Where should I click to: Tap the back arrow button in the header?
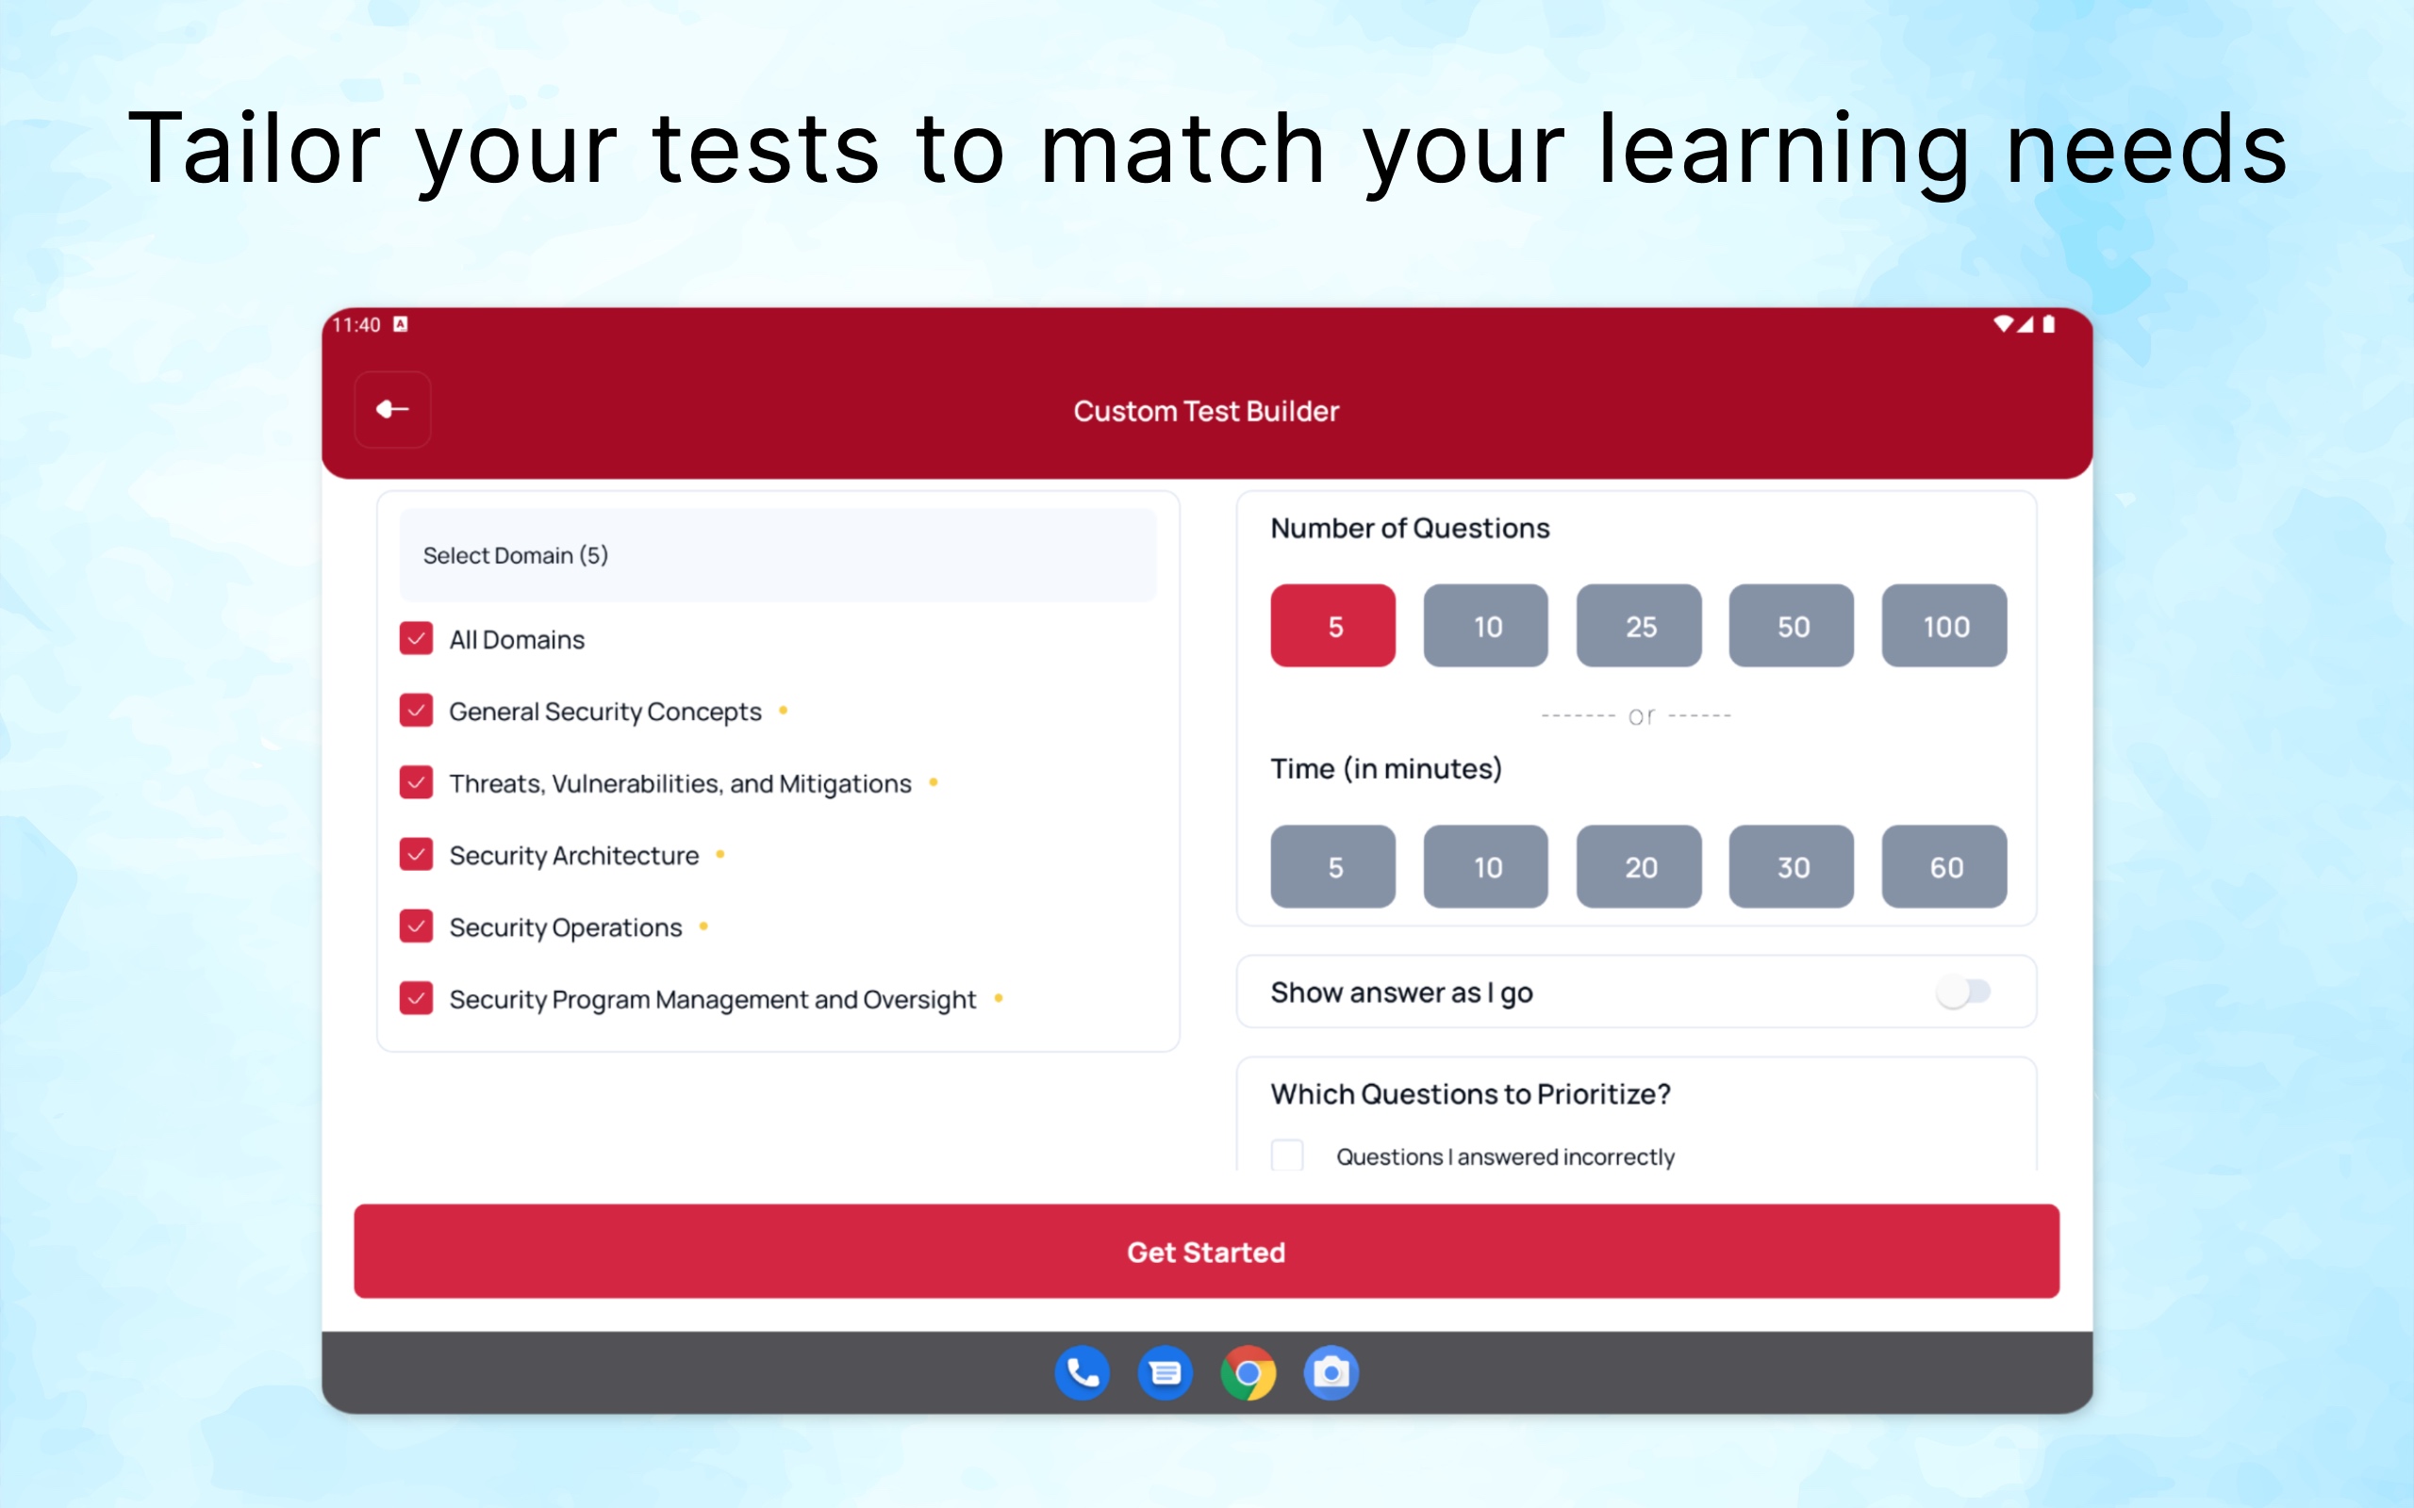(392, 410)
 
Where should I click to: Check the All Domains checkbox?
(416, 638)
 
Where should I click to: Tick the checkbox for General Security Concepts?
(416, 710)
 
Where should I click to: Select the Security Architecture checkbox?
(416, 854)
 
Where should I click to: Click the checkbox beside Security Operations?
(416, 926)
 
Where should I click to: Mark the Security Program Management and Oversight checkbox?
(416, 997)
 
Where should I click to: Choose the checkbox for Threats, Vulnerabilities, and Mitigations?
(416, 782)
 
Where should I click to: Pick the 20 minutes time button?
(1639, 866)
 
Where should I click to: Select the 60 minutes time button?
(1944, 866)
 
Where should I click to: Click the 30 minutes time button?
(1792, 866)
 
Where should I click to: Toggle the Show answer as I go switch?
(1962, 992)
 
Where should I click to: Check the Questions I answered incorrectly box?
(1287, 1155)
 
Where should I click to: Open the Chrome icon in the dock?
(1248, 1373)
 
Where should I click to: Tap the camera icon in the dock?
(1331, 1373)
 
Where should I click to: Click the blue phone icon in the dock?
(1083, 1373)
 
